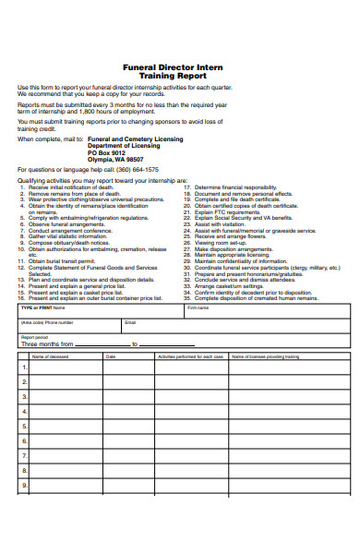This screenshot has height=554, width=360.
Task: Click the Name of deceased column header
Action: (52, 355)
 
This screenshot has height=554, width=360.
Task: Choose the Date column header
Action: (111, 355)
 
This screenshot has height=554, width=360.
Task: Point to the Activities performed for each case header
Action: (191, 355)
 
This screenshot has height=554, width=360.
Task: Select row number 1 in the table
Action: (24, 367)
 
